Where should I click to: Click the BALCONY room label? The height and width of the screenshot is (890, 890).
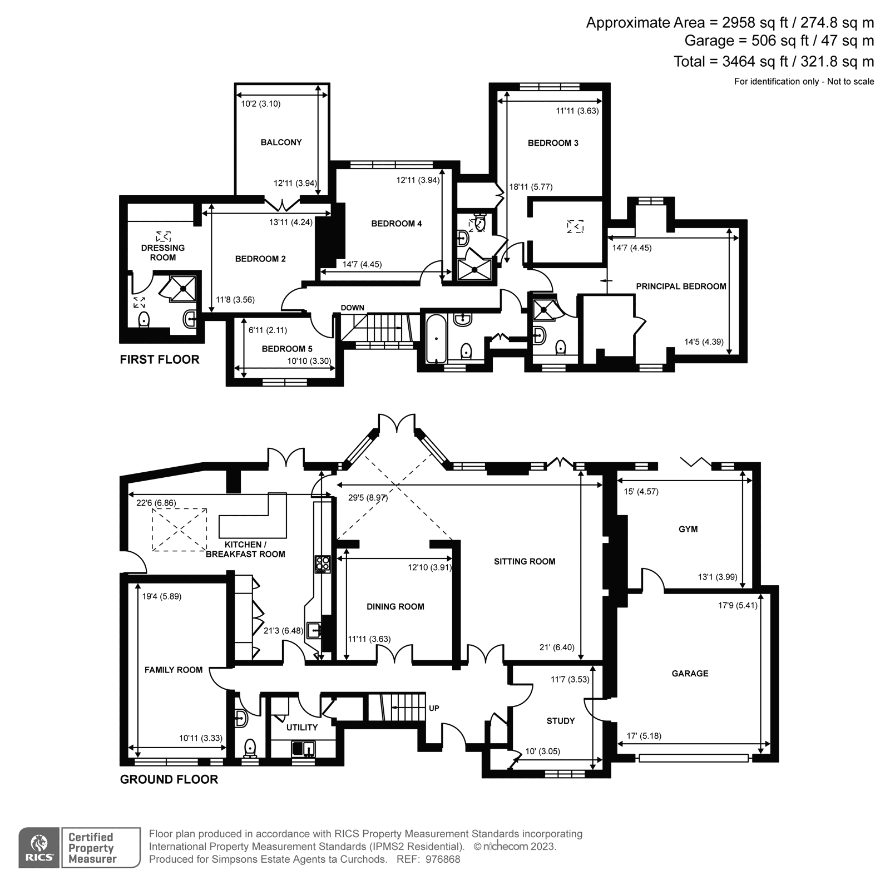[281, 142]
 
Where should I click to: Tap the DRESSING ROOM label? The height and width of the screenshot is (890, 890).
[163, 253]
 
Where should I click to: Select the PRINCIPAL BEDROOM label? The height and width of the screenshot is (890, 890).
[681, 286]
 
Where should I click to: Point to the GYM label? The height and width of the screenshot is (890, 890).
[688, 529]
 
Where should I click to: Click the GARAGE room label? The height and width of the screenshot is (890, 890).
[690, 674]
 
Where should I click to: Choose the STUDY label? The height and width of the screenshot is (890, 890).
[560, 721]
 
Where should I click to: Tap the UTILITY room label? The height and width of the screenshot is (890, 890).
[302, 728]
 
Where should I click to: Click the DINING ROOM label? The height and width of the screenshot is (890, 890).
[395, 607]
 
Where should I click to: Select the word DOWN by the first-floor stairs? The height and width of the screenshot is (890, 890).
[353, 308]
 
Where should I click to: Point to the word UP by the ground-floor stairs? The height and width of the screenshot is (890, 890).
[434, 708]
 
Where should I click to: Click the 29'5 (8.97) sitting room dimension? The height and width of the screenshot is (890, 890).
[368, 498]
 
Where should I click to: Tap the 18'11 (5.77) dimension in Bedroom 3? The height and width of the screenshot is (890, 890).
[531, 187]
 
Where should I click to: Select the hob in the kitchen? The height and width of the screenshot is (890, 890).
[323, 564]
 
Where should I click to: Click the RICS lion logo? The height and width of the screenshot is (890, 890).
[39, 847]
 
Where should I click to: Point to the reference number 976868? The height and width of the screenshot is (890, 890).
[443, 859]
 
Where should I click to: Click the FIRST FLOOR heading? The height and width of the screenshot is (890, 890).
[160, 359]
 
